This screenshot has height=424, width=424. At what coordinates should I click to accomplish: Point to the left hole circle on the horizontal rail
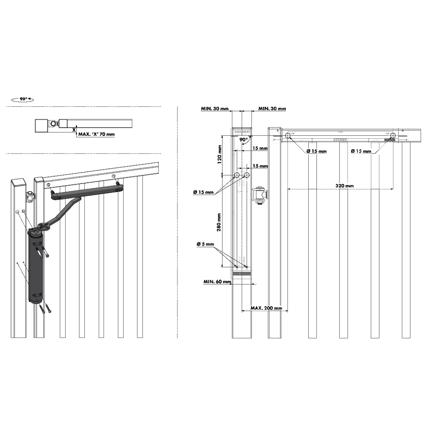tap(288, 136)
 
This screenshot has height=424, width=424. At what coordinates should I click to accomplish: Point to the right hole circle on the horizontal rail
tap(393, 136)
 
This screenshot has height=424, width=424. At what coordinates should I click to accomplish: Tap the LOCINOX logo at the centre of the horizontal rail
tap(340, 139)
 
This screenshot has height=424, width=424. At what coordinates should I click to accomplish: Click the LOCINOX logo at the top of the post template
tap(242, 132)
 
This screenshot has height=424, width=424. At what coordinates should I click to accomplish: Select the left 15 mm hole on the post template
tap(237, 175)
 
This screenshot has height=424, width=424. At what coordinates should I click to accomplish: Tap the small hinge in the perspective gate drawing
tap(30, 196)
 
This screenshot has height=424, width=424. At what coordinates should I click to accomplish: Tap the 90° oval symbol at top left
tap(22, 100)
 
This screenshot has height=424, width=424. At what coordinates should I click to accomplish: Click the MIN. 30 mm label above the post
tap(214, 109)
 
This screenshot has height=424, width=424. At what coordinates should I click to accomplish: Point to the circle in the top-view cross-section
tap(53, 123)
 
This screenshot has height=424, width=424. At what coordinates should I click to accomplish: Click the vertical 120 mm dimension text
tap(220, 156)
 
